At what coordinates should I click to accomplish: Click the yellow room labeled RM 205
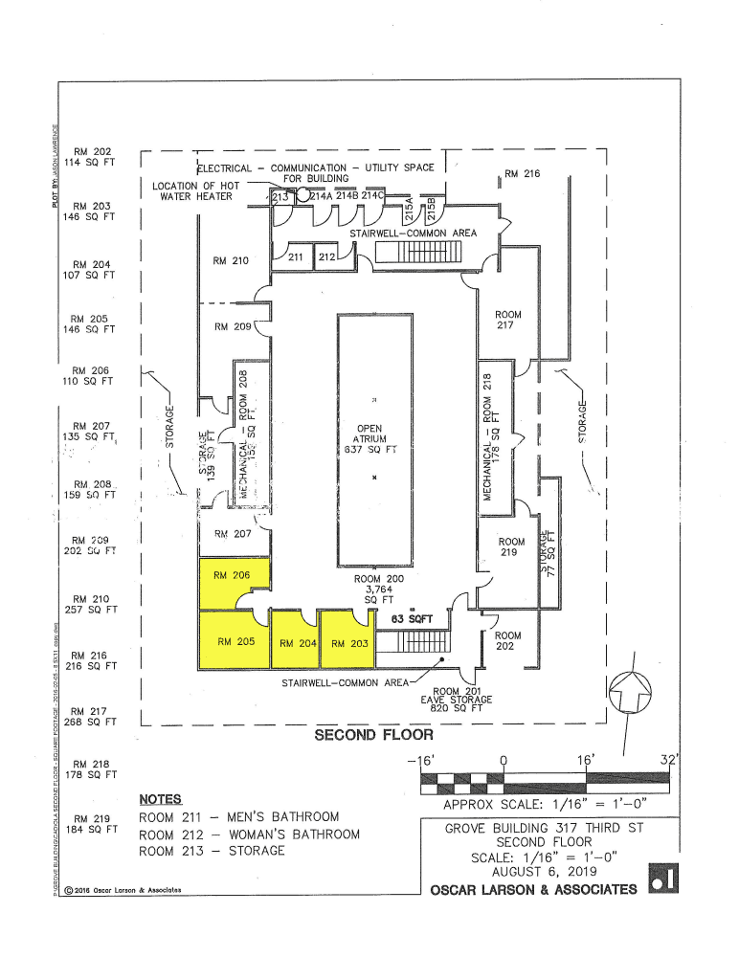(x=235, y=642)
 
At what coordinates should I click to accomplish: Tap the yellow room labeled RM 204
(x=297, y=642)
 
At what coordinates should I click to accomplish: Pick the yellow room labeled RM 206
(x=233, y=576)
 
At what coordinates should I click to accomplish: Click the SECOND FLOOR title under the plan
(x=374, y=735)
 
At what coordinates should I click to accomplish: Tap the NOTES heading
(x=160, y=799)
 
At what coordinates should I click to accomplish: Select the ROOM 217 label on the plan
(x=508, y=321)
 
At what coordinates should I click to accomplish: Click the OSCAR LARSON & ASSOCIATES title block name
(x=533, y=890)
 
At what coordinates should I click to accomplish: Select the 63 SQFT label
(x=413, y=620)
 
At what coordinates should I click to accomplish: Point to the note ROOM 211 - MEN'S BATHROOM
(x=239, y=817)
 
